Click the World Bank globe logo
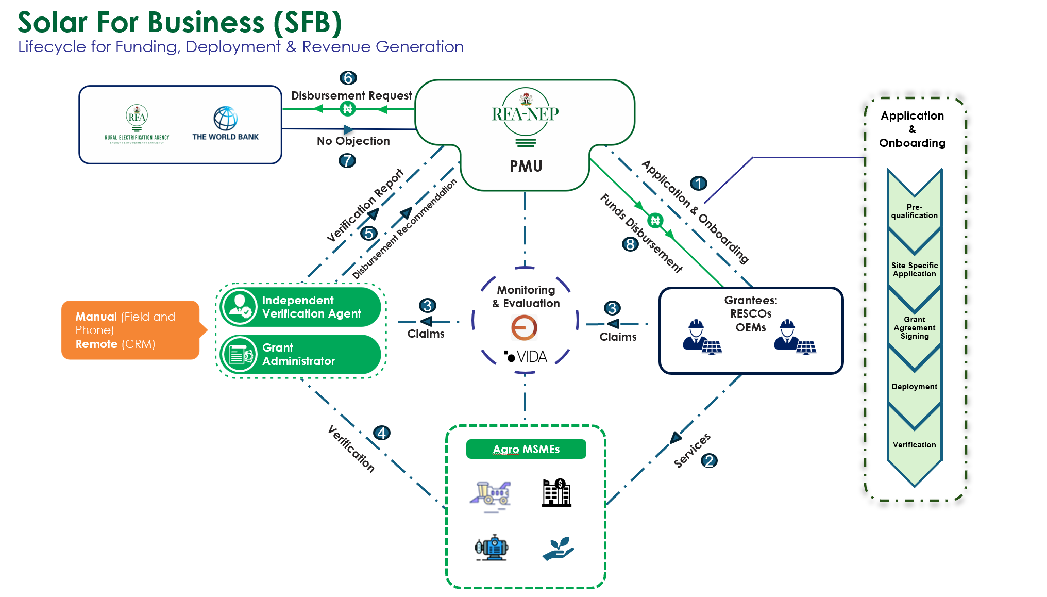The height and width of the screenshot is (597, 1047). [x=226, y=119]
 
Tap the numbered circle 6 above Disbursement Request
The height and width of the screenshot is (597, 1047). [x=348, y=78]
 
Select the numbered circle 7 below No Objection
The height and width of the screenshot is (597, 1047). [x=347, y=160]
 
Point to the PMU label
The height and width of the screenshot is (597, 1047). [x=526, y=166]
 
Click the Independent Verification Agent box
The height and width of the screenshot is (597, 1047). [x=301, y=307]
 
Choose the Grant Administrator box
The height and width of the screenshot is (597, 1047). [x=301, y=355]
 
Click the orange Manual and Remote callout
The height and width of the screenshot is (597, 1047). [x=130, y=330]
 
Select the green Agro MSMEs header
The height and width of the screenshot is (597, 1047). [x=526, y=449]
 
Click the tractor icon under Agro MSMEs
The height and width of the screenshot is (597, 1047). [x=491, y=495]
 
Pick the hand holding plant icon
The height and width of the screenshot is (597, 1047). [x=558, y=549]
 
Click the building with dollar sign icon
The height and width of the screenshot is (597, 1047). [x=556, y=492]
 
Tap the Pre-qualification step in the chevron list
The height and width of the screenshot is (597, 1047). [x=915, y=211]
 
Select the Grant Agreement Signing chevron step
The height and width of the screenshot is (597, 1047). [x=915, y=327]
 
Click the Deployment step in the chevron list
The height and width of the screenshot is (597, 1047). [x=915, y=387]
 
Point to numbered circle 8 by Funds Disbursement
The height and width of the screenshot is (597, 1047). [x=630, y=244]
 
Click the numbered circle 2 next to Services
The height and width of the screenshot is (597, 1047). [x=710, y=460]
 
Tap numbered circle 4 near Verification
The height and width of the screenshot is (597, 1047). [x=382, y=433]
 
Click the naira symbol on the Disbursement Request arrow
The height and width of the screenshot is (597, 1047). [x=348, y=109]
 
